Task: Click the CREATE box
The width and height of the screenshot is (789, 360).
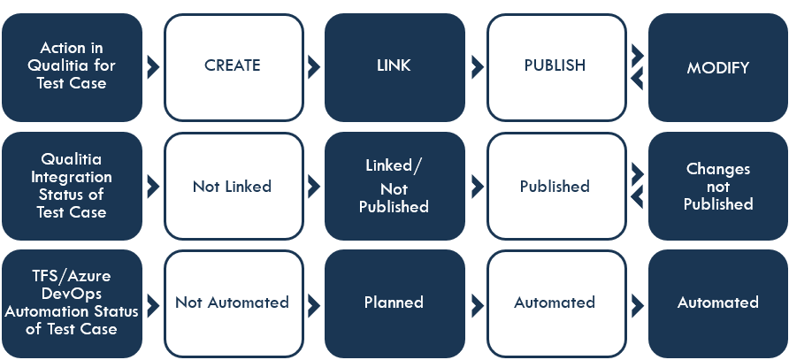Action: click(x=233, y=66)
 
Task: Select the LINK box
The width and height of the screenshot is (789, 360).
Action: click(x=394, y=66)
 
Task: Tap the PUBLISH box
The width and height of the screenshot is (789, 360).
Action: click(x=555, y=66)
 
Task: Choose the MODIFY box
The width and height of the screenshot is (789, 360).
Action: click(x=717, y=66)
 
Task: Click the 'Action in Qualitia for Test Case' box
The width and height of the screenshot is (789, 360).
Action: click(x=72, y=66)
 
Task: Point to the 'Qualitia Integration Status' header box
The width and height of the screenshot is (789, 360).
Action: click(x=72, y=186)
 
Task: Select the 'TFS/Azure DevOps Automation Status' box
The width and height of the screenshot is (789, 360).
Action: click(x=72, y=303)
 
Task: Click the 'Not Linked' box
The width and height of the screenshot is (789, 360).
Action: click(x=233, y=186)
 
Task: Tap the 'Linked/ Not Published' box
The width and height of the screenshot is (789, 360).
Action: click(x=394, y=186)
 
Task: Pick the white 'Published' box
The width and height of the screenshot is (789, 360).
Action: click(x=555, y=186)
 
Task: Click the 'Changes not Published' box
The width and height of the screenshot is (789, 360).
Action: click(x=717, y=186)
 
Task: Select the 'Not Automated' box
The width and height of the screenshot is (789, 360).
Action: click(x=233, y=303)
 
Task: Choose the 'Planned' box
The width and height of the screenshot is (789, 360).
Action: click(x=394, y=303)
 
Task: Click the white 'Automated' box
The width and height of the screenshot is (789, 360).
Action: click(x=555, y=303)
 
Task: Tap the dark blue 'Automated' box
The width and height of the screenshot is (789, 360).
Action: click(x=717, y=303)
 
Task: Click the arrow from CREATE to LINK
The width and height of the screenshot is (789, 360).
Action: click(x=314, y=66)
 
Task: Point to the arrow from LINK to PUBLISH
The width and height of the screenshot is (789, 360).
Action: click(x=478, y=66)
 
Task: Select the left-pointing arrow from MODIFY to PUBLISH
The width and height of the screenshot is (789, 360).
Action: click(x=637, y=79)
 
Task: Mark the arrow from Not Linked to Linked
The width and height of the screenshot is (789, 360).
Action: click(x=314, y=186)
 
